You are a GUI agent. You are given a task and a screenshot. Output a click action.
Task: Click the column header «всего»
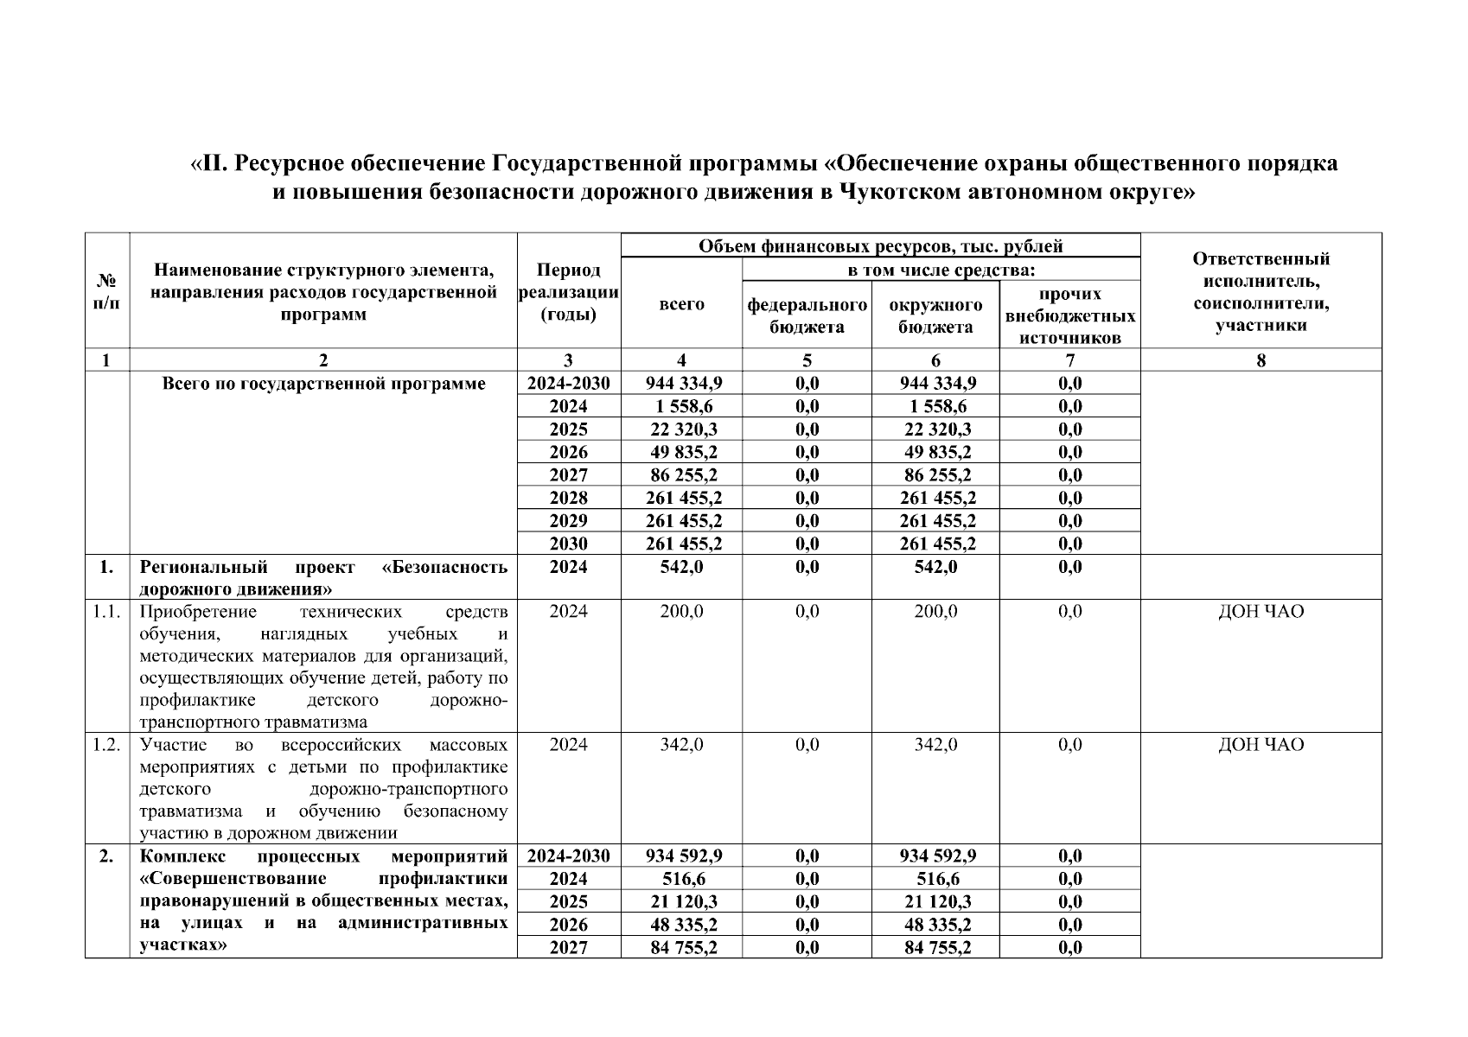pyautogui.click(x=681, y=304)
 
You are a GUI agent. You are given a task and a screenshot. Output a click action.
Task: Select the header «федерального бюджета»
pyautogui.click(x=807, y=315)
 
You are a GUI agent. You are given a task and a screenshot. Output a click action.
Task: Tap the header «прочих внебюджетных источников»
pyautogui.click(x=1069, y=316)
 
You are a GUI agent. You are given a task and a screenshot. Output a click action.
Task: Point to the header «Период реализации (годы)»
pyautogui.click(x=568, y=292)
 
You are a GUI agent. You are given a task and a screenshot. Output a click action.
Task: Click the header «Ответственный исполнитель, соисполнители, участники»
pyautogui.click(x=1261, y=292)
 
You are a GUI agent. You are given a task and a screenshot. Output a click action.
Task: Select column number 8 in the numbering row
pyautogui.click(x=1261, y=360)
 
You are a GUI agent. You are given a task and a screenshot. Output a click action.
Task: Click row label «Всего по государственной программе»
pyautogui.click(x=323, y=384)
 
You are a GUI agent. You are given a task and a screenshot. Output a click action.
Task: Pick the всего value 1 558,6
pyautogui.click(x=681, y=406)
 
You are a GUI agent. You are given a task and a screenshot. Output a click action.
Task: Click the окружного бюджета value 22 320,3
pyautogui.click(x=935, y=429)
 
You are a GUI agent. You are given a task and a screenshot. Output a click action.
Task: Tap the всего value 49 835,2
pyautogui.click(x=681, y=452)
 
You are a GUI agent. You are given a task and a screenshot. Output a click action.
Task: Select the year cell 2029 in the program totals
pyautogui.click(x=568, y=521)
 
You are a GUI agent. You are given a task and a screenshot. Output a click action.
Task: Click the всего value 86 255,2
pyautogui.click(x=681, y=475)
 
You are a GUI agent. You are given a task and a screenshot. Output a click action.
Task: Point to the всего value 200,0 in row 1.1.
pyautogui.click(x=681, y=612)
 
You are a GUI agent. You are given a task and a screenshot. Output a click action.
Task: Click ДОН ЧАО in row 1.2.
pyautogui.click(x=1261, y=745)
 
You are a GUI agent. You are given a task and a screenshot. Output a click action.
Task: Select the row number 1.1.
pyautogui.click(x=106, y=612)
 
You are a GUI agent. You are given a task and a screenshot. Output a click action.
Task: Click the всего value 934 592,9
pyautogui.click(x=683, y=856)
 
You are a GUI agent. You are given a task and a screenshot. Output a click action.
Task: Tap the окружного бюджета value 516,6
pyautogui.click(x=935, y=879)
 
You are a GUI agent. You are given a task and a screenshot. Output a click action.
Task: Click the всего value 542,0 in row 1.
pyautogui.click(x=681, y=567)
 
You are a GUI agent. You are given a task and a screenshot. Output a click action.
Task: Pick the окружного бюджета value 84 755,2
pyautogui.click(x=935, y=948)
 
